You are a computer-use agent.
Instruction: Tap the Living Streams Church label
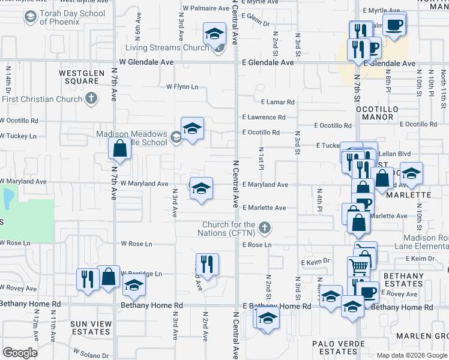[x=167, y=48]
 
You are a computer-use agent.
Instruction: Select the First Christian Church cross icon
[x=91, y=99]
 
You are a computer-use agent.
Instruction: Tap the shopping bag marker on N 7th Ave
[x=119, y=148]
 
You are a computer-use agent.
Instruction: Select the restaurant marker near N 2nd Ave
[x=207, y=264]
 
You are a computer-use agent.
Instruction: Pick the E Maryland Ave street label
[x=265, y=185]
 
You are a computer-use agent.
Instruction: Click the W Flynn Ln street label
[x=182, y=87]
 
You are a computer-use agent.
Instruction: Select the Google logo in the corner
[x=20, y=352]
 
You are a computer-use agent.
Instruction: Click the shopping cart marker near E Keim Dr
[x=358, y=265]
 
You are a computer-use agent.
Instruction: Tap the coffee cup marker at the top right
[x=394, y=25]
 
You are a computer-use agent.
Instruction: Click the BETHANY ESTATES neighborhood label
[x=403, y=280]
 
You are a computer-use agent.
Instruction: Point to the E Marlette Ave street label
[x=264, y=208]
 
